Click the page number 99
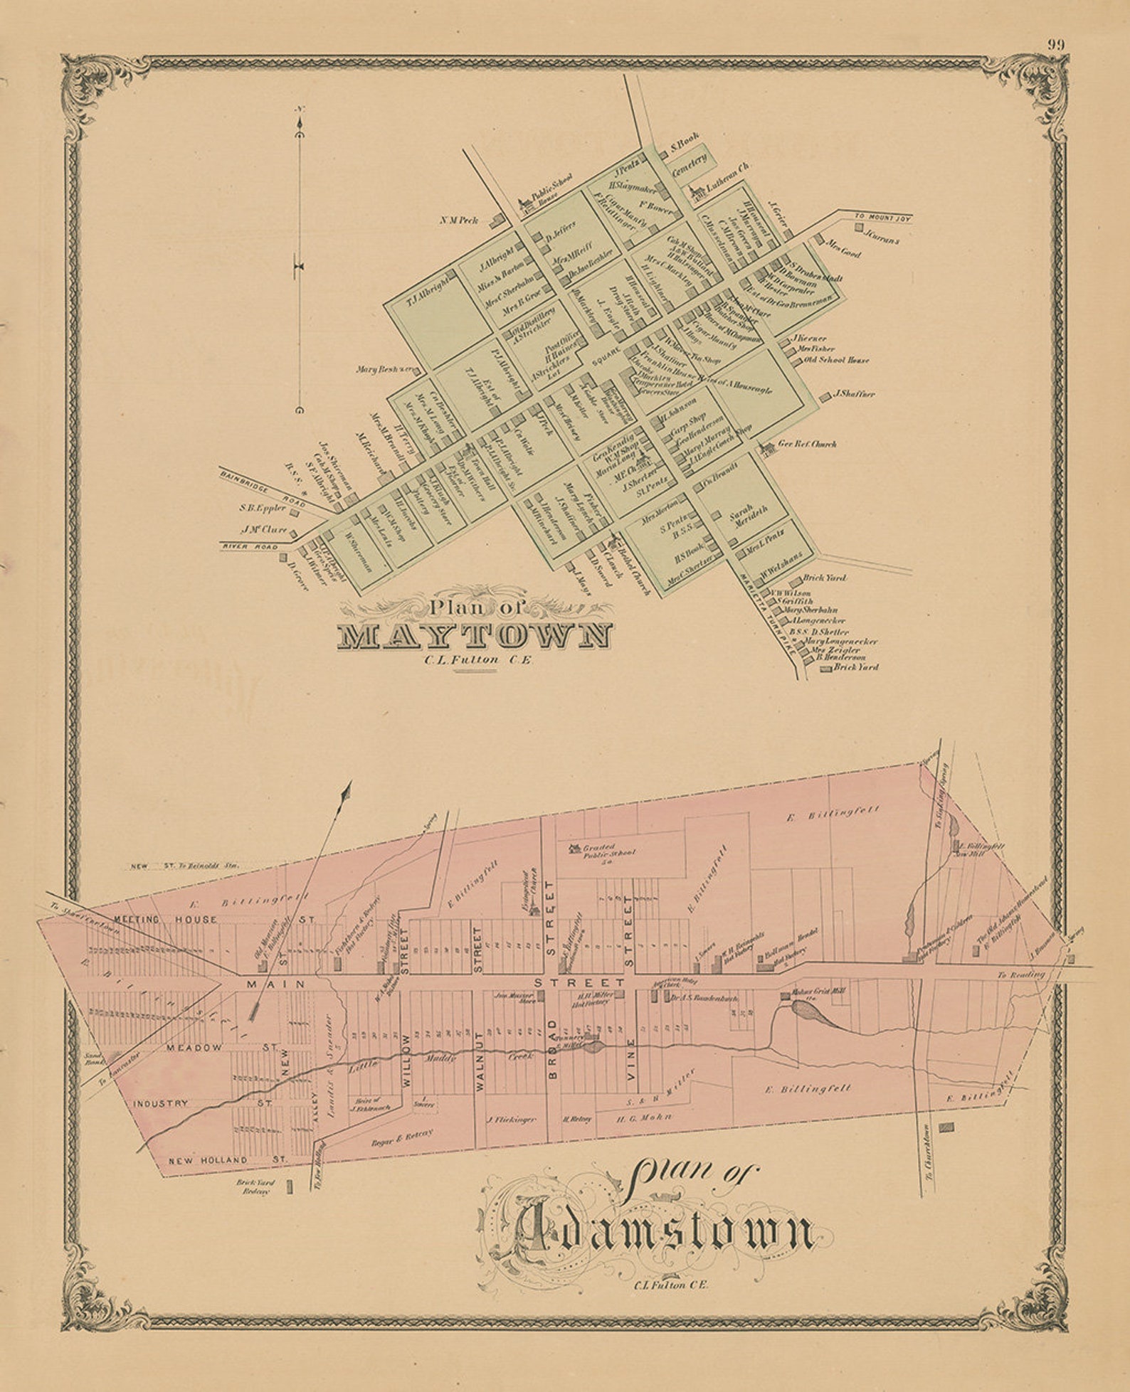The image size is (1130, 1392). click(1055, 44)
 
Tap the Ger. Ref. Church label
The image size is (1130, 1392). click(807, 444)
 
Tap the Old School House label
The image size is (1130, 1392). click(836, 361)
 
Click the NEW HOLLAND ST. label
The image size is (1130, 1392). click(227, 1160)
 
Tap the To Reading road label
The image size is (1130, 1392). click(1020, 974)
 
